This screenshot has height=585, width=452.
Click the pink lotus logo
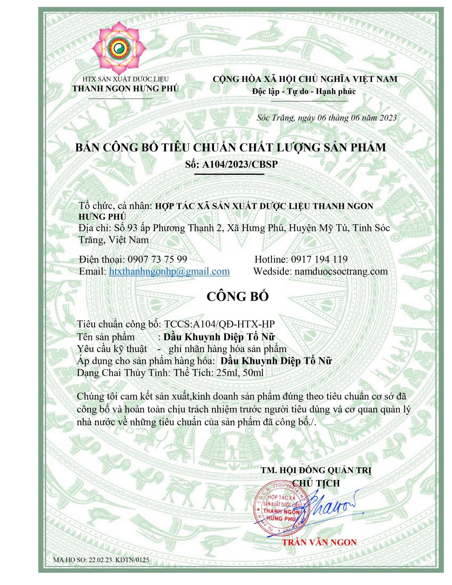[118, 47]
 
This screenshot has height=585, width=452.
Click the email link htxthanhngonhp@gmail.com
[169, 271]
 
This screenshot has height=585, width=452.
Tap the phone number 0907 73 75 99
[157, 259]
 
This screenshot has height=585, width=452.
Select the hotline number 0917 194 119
[319, 259]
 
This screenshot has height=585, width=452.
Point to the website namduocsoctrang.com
[341, 271]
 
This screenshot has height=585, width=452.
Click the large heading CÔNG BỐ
[237, 296]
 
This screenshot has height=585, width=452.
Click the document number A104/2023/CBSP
[240, 164]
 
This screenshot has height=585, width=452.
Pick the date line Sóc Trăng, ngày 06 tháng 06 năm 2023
[326, 118]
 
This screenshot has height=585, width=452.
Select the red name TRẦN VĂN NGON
[319, 542]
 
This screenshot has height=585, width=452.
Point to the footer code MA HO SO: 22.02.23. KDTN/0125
[101, 560]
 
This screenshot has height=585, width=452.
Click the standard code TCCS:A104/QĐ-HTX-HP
[219, 324]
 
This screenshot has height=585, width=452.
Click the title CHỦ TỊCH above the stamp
[316, 483]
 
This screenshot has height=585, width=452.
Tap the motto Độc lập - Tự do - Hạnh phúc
[304, 91]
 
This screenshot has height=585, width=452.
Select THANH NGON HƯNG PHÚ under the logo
[125, 88]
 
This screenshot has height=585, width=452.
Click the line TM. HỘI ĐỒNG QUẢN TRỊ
[316, 470]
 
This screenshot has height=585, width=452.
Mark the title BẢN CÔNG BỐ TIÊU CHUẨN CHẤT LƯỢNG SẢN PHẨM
[230, 147]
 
